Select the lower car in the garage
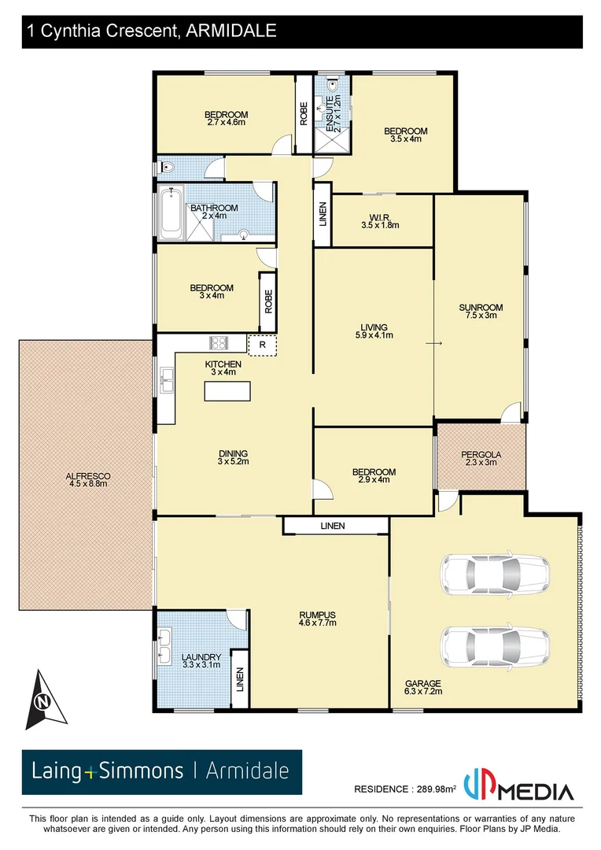496,642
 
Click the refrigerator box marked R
262,345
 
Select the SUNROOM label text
481,308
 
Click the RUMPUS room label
318,615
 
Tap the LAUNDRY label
201,657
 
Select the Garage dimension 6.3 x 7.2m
423,692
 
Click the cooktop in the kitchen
218,343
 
